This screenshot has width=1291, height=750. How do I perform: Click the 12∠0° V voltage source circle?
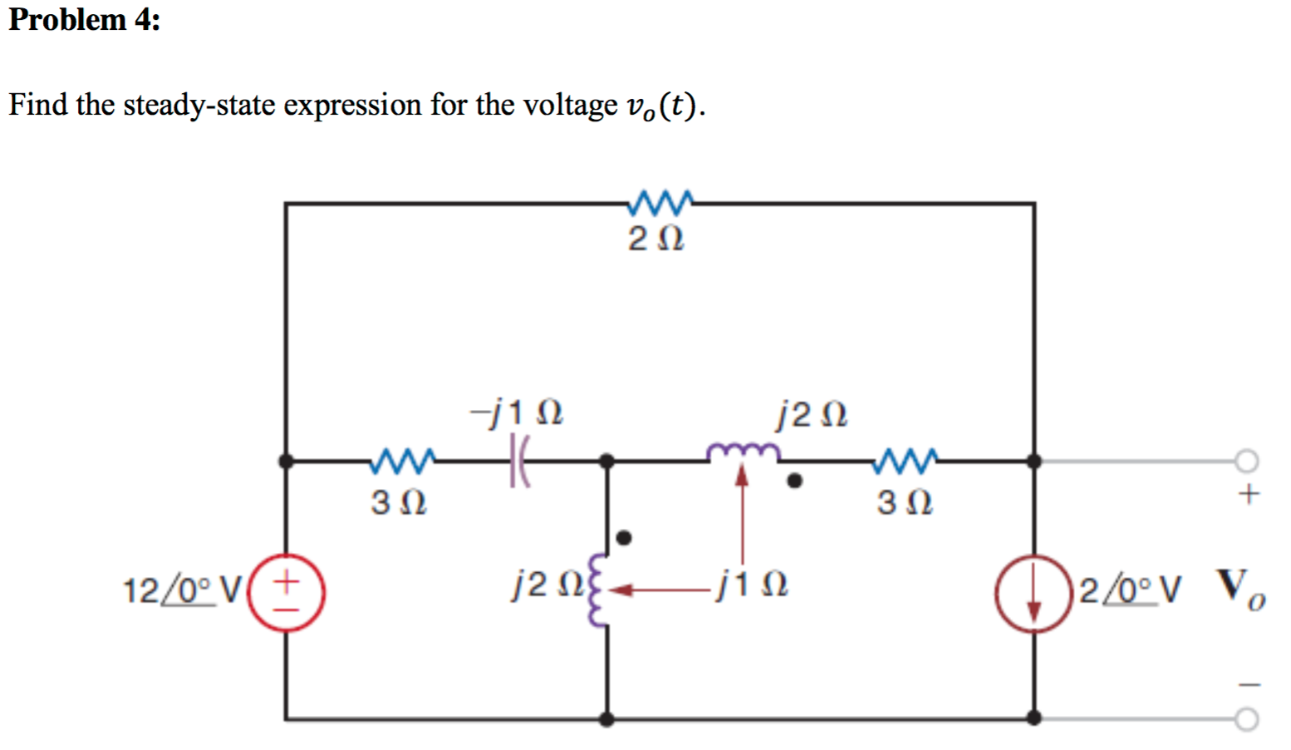coord(287,592)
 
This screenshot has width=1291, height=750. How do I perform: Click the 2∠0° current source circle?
coord(1033,593)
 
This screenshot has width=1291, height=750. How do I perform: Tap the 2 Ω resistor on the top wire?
coord(660,201)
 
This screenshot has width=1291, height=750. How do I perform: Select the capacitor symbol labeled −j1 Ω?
coord(518,460)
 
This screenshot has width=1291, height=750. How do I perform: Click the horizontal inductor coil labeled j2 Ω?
coord(743,453)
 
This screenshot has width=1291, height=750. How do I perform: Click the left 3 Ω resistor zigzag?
coord(404,460)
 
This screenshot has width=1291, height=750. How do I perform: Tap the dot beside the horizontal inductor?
coord(794,481)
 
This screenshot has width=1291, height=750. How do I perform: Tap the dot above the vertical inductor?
coord(624,538)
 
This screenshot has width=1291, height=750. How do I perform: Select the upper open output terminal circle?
coord(1246,460)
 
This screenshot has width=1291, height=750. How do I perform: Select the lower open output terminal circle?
coord(1246,718)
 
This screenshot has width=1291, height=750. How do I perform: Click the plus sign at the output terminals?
coord(1248,495)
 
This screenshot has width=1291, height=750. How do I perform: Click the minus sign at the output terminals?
coord(1249,684)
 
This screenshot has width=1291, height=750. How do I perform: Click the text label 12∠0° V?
coord(182,591)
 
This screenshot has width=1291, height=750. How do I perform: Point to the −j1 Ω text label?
coord(517,412)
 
